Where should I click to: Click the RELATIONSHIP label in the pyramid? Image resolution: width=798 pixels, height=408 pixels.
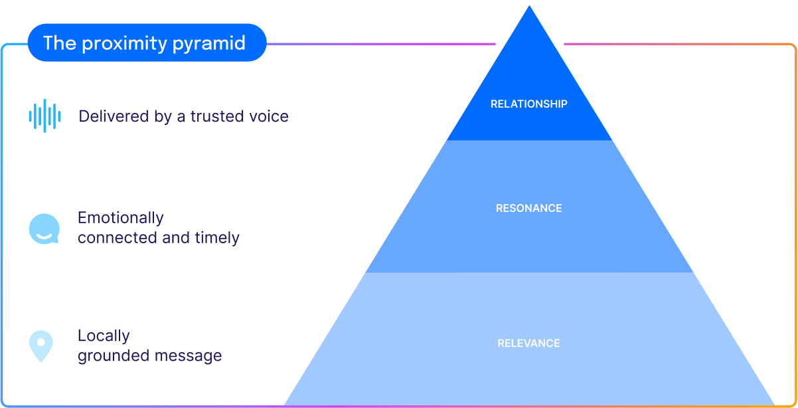click(x=528, y=104)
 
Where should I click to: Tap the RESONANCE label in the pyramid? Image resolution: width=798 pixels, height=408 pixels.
click(x=528, y=209)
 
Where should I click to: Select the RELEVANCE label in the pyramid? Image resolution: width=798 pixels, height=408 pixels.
click(x=528, y=344)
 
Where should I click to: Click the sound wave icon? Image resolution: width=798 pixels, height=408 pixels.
click(x=44, y=116)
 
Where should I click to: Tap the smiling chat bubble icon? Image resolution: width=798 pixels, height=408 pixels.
click(x=44, y=229)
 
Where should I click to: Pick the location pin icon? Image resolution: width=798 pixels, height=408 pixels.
click(x=40, y=346)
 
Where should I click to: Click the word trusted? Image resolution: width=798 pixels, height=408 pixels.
click(x=216, y=116)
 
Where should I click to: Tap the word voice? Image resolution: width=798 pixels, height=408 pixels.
click(x=268, y=116)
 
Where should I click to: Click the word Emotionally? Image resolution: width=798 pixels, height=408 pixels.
click(x=120, y=218)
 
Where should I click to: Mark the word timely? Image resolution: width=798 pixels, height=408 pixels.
click(x=217, y=238)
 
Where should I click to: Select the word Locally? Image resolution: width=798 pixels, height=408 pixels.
click(x=104, y=336)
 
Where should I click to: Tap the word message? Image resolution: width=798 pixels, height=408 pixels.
click(x=188, y=356)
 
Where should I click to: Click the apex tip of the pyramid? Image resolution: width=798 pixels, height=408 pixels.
click(x=529, y=8)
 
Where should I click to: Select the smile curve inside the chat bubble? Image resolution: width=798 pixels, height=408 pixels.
click(x=44, y=235)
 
